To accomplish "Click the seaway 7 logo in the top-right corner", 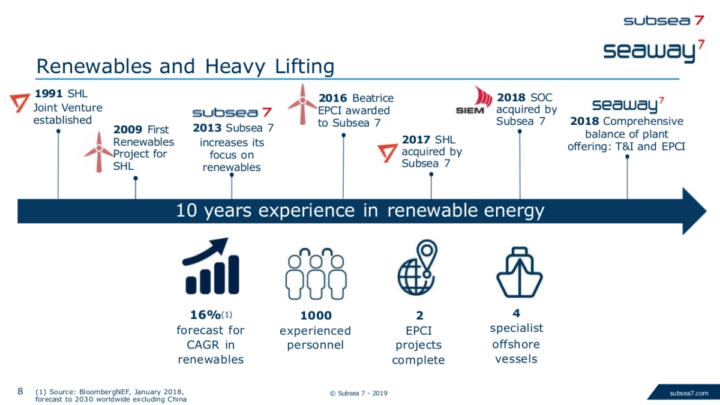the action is [653, 52].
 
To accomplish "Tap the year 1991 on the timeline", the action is [49, 94].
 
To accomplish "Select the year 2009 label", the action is [128, 130].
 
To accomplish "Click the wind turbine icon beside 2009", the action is [98, 152].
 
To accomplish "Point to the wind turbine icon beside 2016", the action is [302, 104].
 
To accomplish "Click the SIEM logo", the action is [474, 100].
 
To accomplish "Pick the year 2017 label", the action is [416, 140].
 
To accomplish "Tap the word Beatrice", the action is [373, 98].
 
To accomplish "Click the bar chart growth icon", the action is [211, 266].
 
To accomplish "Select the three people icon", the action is [316, 274].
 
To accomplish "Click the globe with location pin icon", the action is [417, 268].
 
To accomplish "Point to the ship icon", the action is [520, 272].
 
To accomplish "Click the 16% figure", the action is [206, 314].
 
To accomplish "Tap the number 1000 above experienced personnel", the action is [316, 316].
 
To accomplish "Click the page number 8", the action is [20, 391].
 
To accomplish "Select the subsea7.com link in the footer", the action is [689, 393].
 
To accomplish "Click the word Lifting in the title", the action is [304, 67].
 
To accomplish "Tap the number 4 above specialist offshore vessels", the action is [516, 313].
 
